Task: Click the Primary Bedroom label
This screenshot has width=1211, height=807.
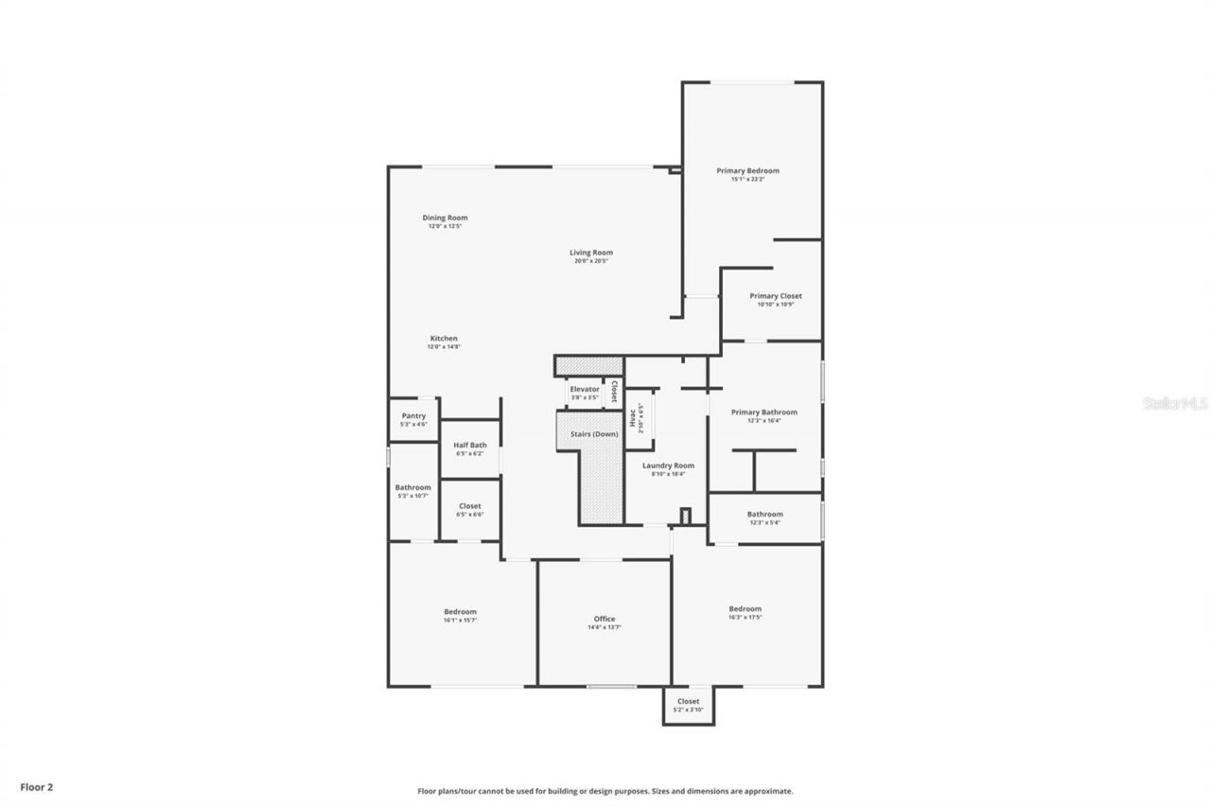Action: (747, 171)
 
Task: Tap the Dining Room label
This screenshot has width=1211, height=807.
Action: (445, 218)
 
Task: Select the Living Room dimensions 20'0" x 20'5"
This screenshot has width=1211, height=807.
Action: (591, 261)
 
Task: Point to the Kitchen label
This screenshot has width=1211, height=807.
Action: (444, 339)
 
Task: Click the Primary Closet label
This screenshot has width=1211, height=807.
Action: (776, 296)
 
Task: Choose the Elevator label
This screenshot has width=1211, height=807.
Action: (585, 389)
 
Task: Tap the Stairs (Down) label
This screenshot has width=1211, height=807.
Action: (593, 433)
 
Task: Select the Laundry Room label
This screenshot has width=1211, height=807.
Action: (668, 465)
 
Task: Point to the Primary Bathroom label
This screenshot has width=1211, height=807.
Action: (764, 412)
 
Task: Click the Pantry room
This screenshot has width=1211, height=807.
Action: (413, 419)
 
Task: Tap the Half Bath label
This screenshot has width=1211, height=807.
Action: (469, 446)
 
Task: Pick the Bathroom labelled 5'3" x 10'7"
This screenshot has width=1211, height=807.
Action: (413, 491)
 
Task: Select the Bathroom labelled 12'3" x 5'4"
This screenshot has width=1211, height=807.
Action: (764, 518)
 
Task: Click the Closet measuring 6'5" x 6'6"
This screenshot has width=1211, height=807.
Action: (469, 510)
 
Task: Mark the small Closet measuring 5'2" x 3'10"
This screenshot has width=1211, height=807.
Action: (688, 705)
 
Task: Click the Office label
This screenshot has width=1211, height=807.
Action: (605, 619)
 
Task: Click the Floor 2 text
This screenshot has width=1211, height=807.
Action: (37, 786)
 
